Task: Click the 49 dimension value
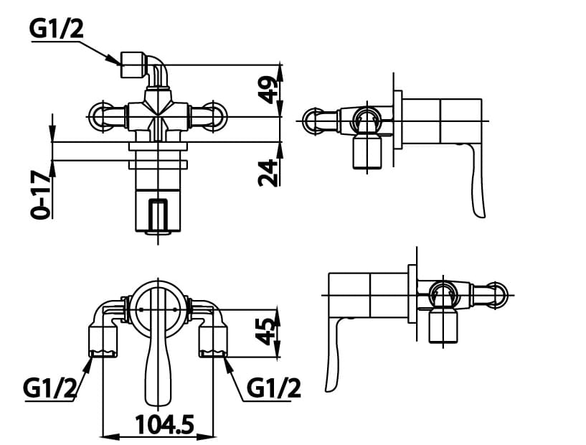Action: point(267,90)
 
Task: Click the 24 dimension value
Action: point(267,172)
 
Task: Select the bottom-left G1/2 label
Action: point(49,388)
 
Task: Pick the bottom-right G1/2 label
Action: point(273,388)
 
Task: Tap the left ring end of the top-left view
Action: point(98,117)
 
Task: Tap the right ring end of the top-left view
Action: point(215,117)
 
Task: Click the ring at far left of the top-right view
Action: point(313,120)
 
